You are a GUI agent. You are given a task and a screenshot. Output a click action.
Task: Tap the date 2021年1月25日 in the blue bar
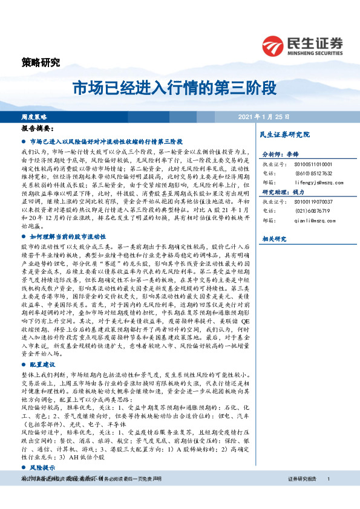[264, 116]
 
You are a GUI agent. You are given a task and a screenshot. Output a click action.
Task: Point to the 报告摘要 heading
[37, 129]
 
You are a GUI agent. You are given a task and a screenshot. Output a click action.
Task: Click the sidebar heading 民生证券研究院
[284, 134]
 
